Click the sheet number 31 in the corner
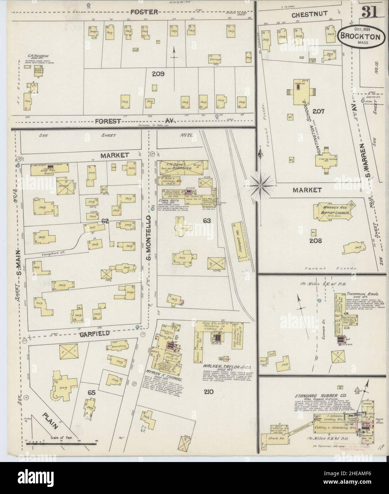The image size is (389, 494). pyautogui.click(x=370, y=13)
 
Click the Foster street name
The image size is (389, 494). pyautogui.click(x=144, y=12)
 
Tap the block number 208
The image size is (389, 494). pyautogui.click(x=315, y=241)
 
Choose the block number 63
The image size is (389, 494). pyautogui.click(x=207, y=221)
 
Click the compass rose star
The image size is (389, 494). pyautogui.click(x=260, y=185)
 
